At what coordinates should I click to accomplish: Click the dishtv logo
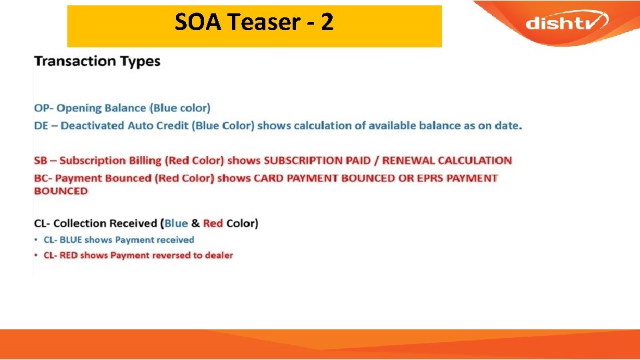(x=566, y=23)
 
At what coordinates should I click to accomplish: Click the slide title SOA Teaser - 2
(x=254, y=23)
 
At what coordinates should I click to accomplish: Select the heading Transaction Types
(x=97, y=61)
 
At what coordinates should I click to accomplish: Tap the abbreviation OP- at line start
(x=44, y=108)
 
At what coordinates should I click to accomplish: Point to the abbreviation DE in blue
(x=41, y=125)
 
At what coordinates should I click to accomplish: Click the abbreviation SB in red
(x=41, y=161)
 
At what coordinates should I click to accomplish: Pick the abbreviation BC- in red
(x=44, y=178)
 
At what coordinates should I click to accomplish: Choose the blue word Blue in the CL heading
(x=176, y=223)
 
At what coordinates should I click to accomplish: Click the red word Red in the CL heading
(x=213, y=223)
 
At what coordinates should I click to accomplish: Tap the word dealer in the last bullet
(x=217, y=255)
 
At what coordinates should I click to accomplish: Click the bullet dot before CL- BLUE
(x=37, y=240)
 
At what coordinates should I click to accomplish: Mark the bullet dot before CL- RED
(x=37, y=255)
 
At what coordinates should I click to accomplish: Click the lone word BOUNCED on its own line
(x=61, y=191)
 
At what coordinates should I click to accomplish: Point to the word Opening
(x=79, y=108)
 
